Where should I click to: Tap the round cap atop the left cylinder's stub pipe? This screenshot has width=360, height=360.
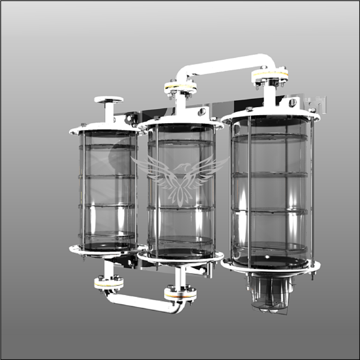[109, 100]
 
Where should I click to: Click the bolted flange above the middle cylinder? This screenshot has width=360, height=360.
[180, 88]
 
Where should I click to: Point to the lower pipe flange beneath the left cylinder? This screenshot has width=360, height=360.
[109, 283]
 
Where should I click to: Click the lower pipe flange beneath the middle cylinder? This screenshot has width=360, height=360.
[180, 294]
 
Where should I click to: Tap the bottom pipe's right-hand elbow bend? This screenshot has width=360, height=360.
[178, 308]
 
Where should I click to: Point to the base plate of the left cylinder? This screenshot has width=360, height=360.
[108, 249]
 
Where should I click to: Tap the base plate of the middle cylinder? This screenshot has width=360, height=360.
[180, 257]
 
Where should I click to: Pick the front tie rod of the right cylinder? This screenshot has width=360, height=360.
[249, 191]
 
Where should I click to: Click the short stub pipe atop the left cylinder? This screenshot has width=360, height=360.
[109, 112]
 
